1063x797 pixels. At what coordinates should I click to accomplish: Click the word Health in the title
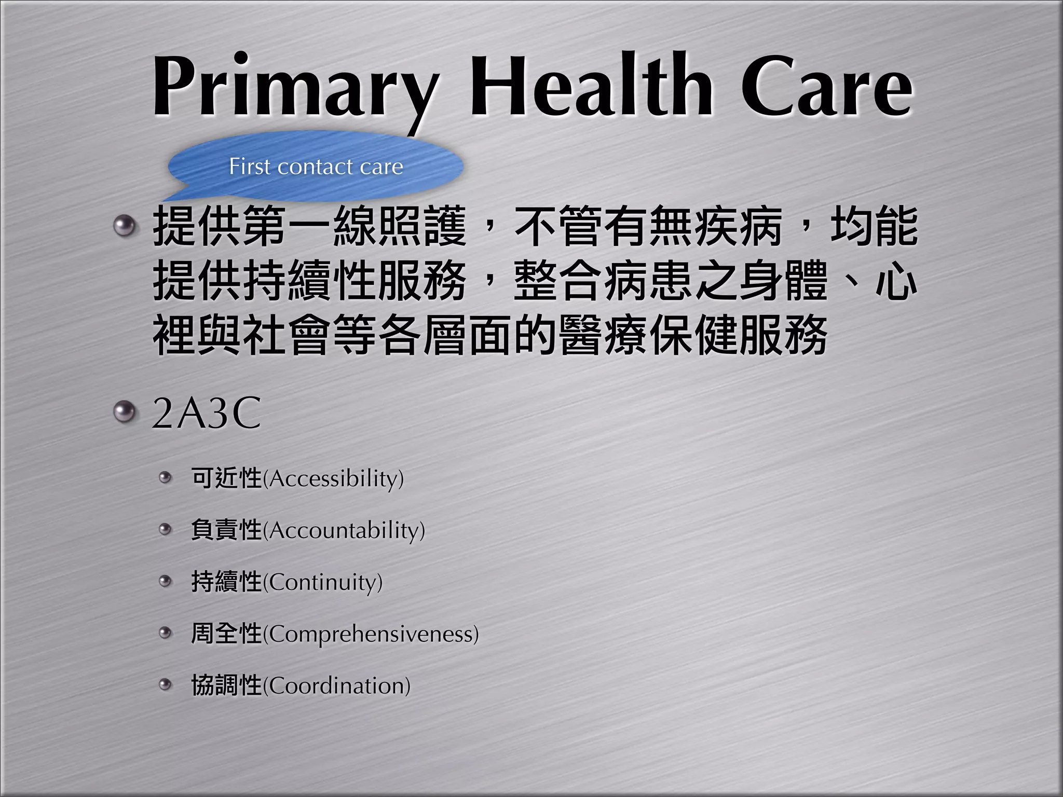592,86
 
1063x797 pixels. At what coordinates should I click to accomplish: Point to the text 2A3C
206,414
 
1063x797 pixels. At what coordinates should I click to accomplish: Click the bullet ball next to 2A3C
124,413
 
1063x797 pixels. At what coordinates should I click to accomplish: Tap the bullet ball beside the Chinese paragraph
124,226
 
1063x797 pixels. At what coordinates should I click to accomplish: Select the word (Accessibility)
333,478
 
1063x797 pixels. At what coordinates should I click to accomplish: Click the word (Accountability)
344,530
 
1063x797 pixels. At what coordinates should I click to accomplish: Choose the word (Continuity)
323,582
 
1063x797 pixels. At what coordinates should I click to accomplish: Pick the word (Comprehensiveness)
371,634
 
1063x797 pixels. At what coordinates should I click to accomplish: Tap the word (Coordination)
337,686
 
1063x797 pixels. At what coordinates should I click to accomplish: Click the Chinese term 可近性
226,478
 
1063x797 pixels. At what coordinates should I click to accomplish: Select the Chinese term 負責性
226,530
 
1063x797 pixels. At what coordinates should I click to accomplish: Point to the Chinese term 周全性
226,634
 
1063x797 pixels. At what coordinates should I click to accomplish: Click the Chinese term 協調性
226,685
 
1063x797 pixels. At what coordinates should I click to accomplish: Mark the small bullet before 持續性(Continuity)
165,581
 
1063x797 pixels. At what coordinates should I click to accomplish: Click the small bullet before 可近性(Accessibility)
165,477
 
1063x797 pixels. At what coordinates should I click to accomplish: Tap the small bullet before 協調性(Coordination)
165,685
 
